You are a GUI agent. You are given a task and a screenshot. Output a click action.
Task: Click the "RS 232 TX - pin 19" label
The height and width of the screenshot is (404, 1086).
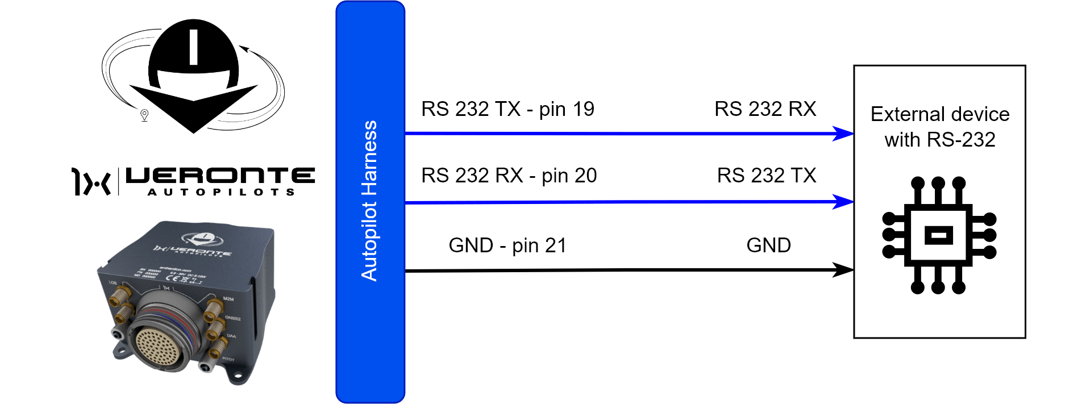(507, 109)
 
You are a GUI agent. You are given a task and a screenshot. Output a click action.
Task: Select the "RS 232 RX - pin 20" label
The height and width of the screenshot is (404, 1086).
(509, 176)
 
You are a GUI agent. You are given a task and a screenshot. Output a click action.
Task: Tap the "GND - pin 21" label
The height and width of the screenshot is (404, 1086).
(507, 245)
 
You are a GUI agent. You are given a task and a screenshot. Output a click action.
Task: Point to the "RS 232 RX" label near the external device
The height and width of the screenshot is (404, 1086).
(765, 109)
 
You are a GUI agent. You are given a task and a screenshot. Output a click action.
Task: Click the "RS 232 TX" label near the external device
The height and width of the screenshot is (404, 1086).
(766, 176)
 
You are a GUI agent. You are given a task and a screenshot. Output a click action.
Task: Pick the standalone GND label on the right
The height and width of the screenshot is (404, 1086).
(768, 245)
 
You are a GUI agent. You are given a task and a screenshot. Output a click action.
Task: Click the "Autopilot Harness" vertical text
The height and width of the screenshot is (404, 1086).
(369, 201)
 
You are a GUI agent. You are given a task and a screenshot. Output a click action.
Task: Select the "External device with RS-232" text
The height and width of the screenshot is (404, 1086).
(940, 127)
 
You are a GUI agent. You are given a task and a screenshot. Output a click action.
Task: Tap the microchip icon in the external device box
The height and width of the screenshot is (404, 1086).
(939, 235)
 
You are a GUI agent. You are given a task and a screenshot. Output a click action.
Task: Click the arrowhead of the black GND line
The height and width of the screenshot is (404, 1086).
(843, 270)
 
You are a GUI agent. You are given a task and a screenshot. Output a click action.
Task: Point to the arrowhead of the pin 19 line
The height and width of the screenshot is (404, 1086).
(843, 134)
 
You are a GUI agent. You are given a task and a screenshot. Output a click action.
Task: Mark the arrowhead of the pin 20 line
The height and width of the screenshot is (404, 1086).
(843, 202)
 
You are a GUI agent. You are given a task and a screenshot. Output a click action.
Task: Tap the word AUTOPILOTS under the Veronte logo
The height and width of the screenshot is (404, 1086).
(221, 192)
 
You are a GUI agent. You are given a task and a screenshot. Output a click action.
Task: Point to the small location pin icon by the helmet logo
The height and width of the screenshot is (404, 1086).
(144, 115)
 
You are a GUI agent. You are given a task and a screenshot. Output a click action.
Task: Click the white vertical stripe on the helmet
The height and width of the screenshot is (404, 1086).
(193, 47)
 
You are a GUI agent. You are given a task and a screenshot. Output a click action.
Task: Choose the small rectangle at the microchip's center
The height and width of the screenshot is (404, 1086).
(939, 235)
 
